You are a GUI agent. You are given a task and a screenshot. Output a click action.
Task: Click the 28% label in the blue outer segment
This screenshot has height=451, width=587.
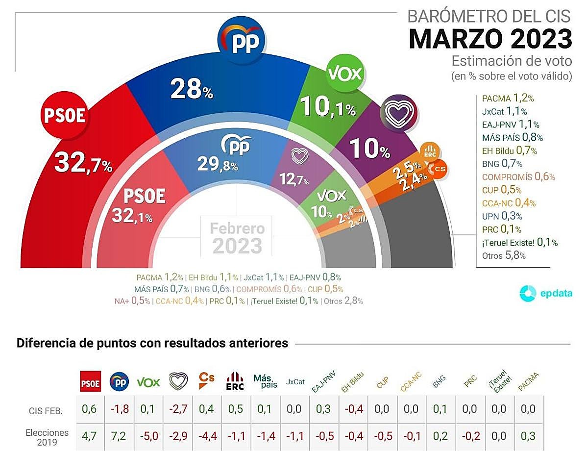pos(191,89)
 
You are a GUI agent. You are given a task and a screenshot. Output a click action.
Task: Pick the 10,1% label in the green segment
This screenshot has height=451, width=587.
pos(327,106)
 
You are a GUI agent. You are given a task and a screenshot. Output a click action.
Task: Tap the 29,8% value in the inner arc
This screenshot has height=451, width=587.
pos(218,165)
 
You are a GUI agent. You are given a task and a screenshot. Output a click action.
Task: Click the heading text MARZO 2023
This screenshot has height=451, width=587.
pos(490,39)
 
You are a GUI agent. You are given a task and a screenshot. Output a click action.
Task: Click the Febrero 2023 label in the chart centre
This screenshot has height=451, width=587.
pos(237,237)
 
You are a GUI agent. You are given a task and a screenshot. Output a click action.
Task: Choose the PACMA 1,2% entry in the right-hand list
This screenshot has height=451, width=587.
pos(506,98)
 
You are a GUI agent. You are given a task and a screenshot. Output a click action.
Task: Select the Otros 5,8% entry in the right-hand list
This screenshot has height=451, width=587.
pos(504,255)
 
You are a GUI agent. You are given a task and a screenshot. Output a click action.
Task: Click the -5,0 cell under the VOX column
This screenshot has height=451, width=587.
pos(148,436)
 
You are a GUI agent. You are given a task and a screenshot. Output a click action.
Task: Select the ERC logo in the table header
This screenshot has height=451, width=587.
pos(235,381)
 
